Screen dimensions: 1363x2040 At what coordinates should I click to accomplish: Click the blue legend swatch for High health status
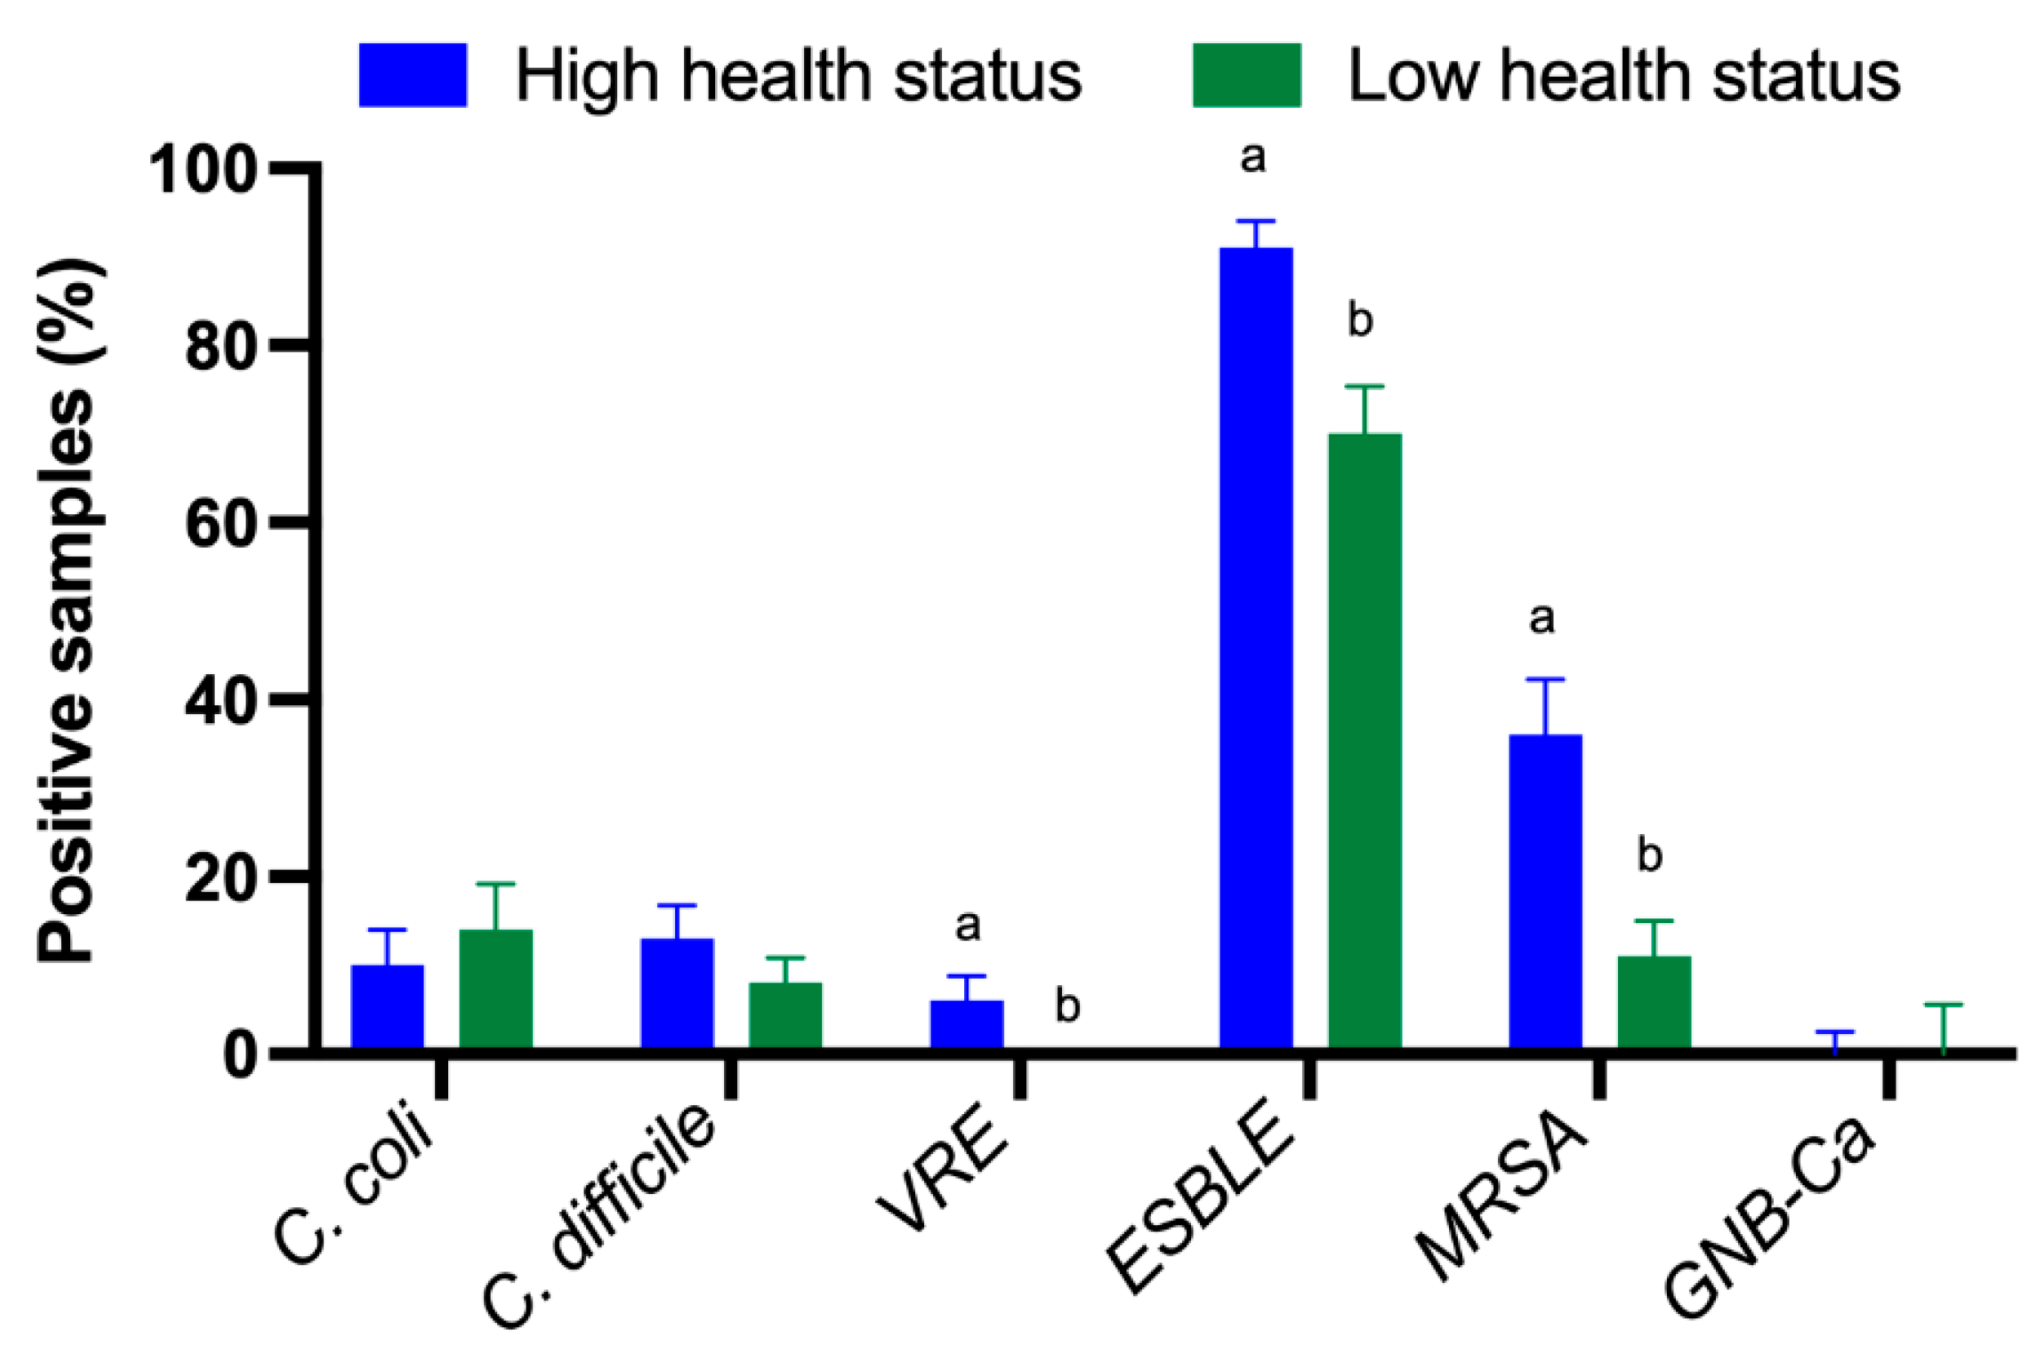click(413, 75)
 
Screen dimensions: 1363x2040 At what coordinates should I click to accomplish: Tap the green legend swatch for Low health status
click(1246, 75)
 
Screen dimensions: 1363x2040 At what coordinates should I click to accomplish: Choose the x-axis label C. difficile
click(600, 1217)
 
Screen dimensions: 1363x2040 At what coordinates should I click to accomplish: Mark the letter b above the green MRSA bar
click(1650, 855)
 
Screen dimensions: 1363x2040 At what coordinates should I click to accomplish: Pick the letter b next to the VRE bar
click(1068, 1006)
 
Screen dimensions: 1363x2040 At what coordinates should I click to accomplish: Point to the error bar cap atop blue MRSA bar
click(1544, 679)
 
